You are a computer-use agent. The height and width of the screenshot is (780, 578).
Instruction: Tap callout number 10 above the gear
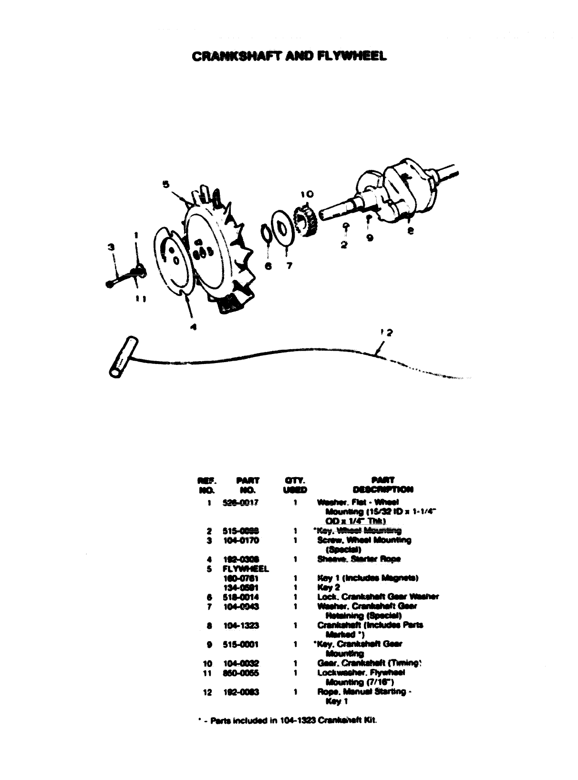(x=307, y=194)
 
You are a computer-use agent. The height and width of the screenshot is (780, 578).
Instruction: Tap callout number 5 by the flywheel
(x=165, y=184)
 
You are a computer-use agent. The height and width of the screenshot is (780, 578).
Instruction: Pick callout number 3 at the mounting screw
(x=112, y=247)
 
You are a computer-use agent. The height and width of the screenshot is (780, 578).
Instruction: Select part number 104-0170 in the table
(x=240, y=541)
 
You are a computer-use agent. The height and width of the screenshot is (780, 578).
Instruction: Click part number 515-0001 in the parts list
(x=240, y=645)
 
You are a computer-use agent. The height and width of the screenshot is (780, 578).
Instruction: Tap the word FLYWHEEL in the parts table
(x=246, y=569)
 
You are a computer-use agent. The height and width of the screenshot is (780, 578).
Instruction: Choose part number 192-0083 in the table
(x=240, y=692)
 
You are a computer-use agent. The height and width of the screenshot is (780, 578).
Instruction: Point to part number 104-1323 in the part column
(x=240, y=625)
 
